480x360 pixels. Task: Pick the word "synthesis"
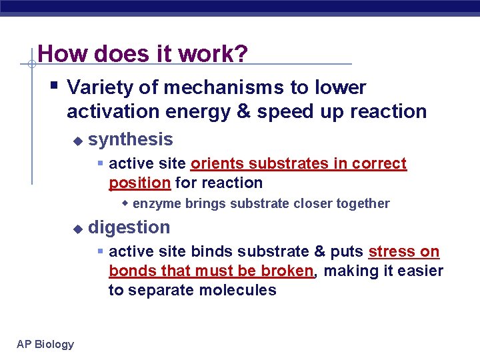[x=131, y=139]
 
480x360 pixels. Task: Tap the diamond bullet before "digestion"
[x=77, y=228]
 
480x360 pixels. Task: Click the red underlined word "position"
[x=139, y=183]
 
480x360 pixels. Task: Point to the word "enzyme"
[x=155, y=203]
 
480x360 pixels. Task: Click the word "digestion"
[x=129, y=227]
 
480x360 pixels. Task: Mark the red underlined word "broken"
[x=291, y=271]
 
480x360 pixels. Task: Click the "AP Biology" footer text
[x=45, y=344]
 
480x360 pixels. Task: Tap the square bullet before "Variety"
[x=53, y=86]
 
